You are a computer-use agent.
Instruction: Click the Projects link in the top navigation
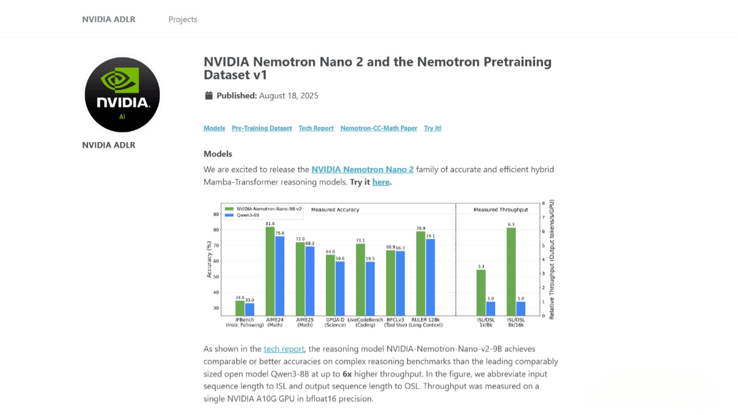click(x=183, y=19)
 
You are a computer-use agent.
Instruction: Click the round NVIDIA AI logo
click(x=122, y=95)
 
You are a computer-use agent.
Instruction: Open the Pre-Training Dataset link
click(x=261, y=128)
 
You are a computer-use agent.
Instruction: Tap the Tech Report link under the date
click(x=316, y=128)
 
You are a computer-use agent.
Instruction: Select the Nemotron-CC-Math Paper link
click(x=379, y=128)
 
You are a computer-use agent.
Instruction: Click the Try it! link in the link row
click(x=432, y=128)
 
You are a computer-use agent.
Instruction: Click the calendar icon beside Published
click(x=208, y=95)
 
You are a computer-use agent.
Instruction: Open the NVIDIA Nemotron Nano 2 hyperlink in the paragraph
click(x=362, y=169)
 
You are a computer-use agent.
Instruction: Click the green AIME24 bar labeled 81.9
click(x=270, y=271)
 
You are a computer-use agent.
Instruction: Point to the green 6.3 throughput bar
click(x=511, y=271)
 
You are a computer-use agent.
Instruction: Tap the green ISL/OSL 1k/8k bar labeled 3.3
click(x=481, y=292)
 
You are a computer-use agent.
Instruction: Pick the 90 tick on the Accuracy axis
click(x=216, y=215)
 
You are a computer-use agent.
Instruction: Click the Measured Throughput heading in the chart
click(x=494, y=210)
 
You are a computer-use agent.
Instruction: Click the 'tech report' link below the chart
click(x=284, y=349)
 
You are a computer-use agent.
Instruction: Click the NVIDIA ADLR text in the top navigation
click(x=109, y=19)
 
